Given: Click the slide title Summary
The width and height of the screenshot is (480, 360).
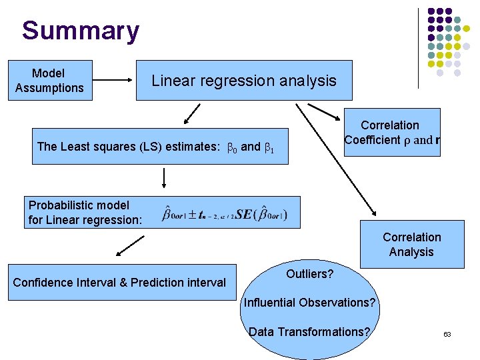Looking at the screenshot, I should point(80,31).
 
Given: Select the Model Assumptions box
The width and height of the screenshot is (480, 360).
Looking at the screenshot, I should point(49,81).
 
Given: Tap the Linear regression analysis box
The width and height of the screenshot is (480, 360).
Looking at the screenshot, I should point(244,81).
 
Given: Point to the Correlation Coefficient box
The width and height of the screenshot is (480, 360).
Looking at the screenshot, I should point(392,133).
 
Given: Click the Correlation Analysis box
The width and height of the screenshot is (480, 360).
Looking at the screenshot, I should point(411,245).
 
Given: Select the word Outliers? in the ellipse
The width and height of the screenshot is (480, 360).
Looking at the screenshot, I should point(309,274).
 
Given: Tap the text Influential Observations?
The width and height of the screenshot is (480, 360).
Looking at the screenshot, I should point(310,303).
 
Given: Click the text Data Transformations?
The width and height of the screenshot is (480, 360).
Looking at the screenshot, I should point(309,332).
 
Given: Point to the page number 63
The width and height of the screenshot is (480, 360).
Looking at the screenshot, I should point(447,333).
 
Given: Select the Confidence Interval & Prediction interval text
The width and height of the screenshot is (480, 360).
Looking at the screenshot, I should point(119,283).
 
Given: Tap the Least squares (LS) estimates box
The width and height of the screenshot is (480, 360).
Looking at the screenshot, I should point(163,147).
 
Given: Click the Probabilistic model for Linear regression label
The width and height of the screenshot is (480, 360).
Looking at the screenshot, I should point(85,212).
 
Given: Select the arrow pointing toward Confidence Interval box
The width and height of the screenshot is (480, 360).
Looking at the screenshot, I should point(131,246).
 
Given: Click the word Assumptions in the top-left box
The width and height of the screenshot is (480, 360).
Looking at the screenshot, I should point(49,88).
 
